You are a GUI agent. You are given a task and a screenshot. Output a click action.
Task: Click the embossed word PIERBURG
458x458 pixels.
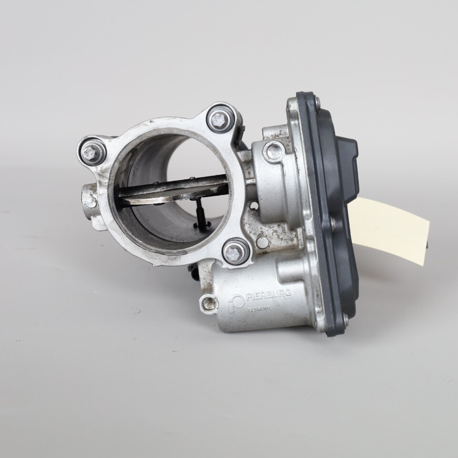269,294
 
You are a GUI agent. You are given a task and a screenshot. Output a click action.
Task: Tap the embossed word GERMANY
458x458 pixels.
260,309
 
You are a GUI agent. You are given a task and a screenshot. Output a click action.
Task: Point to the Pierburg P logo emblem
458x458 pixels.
236,303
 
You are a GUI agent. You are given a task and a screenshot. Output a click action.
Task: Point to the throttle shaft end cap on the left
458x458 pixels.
89,201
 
